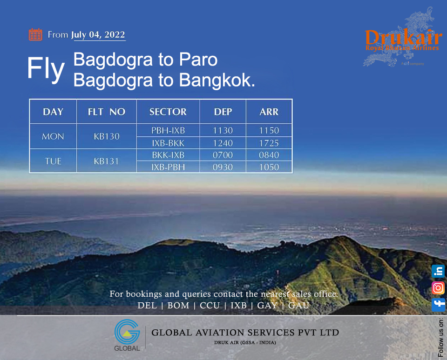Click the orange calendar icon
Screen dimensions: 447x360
pyautogui.click(x=35, y=34)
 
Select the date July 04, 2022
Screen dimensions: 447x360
pyautogui.click(x=98, y=35)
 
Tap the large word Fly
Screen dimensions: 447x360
pyautogui.click(x=46, y=68)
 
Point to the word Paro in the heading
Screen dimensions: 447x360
pyautogui.click(x=198, y=60)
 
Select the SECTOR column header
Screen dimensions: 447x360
pyautogui.click(x=168, y=112)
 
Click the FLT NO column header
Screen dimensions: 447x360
pyautogui.click(x=106, y=112)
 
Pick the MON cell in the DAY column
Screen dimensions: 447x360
pyautogui.click(x=53, y=136)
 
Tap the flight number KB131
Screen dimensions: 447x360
pyautogui.click(x=106, y=161)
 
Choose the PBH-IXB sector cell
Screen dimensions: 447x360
pyautogui.click(x=168, y=130)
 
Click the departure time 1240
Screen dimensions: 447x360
pyautogui.click(x=223, y=143)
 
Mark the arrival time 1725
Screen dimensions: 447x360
pyautogui.click(x=269, y=143)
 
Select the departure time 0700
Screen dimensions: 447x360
pyautogui.click(x=223, y=155)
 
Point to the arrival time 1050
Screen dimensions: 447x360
pyautogui.click(x=269, y=167)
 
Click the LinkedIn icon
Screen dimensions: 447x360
pyautogui.click(x=438, y=271)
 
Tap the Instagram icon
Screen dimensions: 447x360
pyautogui.click(x=438, y=288)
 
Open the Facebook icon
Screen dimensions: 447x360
pyautogui.click(x=438, y=305)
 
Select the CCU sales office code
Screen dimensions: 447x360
pyautogui.click(x=210, y=305)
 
